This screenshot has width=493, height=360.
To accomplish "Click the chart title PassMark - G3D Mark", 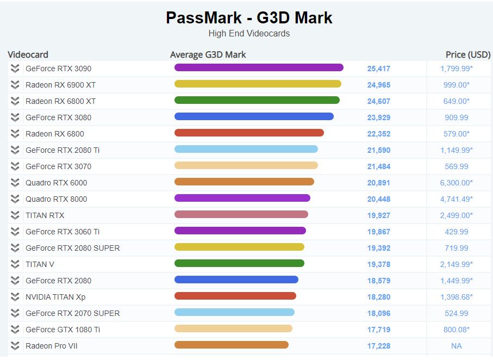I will [x=249, y=18].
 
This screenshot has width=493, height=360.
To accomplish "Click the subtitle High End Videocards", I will [x=249, y=34].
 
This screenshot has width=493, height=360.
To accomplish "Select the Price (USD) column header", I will [x=467, y=54].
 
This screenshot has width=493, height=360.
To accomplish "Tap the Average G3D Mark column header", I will [x=208, y=54].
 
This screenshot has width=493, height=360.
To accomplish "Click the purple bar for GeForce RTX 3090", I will [x=259, y=68].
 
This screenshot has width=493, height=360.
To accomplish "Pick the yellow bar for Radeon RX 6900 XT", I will [x=258, y=84].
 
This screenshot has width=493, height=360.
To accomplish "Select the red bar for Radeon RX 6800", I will [x=249, y=133].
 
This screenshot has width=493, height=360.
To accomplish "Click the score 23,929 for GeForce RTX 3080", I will [x=378, y=117].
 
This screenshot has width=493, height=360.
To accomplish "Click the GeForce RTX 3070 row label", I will [x=58, y=166].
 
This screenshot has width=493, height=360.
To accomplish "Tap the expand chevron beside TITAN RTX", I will [x=15, y=215].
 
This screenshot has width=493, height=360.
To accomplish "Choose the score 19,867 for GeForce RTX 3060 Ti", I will [x=378, y=232].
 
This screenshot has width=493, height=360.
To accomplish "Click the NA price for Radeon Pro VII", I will [x=456, y=346].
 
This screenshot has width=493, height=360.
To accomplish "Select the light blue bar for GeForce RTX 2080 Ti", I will [x=246, y=150].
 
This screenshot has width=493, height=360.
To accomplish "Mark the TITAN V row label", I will [x=40, y=264].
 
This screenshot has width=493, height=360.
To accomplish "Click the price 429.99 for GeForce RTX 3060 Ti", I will [x=456, y=232].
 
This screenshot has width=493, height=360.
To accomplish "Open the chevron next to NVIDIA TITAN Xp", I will [x=15, y=297].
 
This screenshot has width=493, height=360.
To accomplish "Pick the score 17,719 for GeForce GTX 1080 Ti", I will [x=378, y=330].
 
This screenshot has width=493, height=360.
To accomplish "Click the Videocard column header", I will [x=28, y=54].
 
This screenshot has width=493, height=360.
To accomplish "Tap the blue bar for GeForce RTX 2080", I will [x=236, y=280].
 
